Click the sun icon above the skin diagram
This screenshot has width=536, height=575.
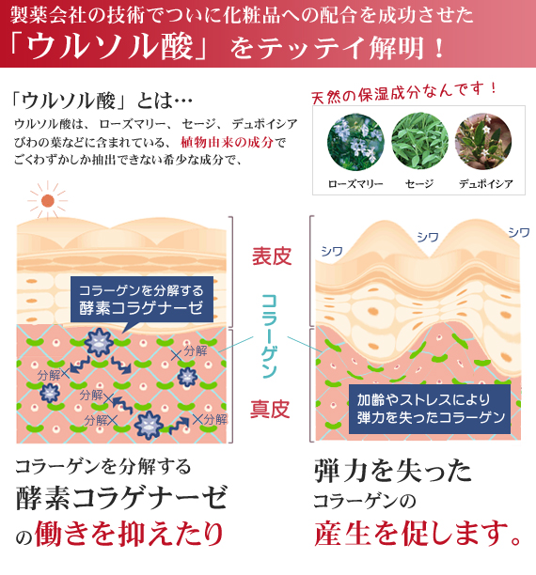point(47,200)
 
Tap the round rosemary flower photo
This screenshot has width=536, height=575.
point(355,142)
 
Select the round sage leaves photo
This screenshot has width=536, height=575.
point(419,141)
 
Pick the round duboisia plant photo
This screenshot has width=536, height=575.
point(483,141)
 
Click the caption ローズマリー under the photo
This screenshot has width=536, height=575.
point(355,183)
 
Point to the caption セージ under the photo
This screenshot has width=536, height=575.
point(419,183)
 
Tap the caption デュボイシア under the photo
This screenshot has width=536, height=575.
point(486,183)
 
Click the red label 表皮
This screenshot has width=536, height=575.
point(272,256)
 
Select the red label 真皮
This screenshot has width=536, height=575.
point(270,409)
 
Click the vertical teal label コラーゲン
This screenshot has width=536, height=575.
point(269,335)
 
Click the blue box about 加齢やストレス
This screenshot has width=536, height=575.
point(430,409)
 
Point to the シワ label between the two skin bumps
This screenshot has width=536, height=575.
point(428,238)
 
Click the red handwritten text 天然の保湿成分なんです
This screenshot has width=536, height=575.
point(403,92)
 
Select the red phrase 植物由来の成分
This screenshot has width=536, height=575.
point(228,142)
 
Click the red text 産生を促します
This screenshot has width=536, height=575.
point(418,533)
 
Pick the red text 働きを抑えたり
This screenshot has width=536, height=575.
point(129,533)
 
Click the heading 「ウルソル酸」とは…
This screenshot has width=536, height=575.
point(102,101)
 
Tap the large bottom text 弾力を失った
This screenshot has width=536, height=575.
point(393,471)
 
